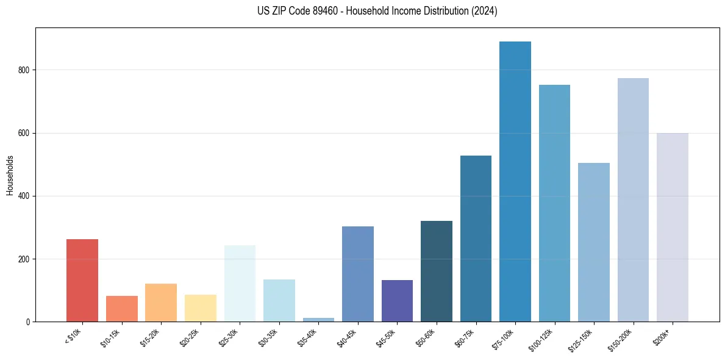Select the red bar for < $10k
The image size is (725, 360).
82,281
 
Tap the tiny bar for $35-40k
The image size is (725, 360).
318,319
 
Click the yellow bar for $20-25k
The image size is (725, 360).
201,308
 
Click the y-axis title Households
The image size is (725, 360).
10,175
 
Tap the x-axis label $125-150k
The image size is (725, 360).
580,339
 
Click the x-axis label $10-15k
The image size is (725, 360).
110,337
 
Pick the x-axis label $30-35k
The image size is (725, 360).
268,337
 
